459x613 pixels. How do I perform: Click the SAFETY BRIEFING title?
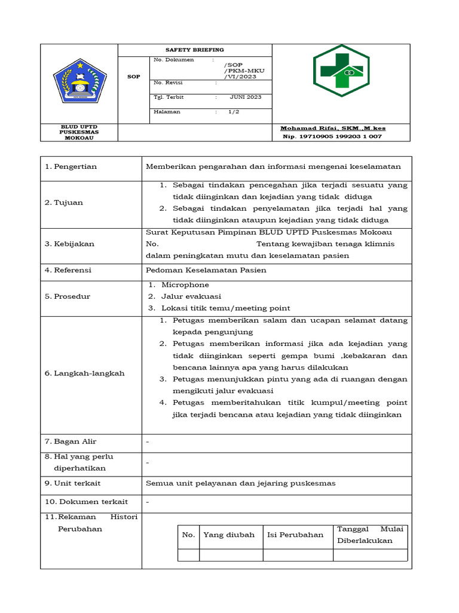point(195,50)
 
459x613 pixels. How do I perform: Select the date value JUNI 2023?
point(245,97)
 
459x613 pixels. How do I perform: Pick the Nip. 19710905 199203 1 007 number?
point(332,136)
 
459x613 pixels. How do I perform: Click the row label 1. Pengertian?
point(71,166)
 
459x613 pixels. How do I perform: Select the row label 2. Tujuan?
point(64,202)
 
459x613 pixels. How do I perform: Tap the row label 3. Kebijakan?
point(69,244)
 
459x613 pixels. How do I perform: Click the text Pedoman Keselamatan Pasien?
point(206,270)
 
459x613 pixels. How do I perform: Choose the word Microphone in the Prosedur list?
point(185,285)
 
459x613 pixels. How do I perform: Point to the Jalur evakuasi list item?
point(191,296)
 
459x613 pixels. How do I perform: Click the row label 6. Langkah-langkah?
point(85,374)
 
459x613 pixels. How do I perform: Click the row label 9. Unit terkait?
point(73,483)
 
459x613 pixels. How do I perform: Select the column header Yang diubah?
point(229,535)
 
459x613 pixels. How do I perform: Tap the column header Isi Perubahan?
point(295,535)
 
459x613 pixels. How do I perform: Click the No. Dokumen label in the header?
point(174,60)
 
